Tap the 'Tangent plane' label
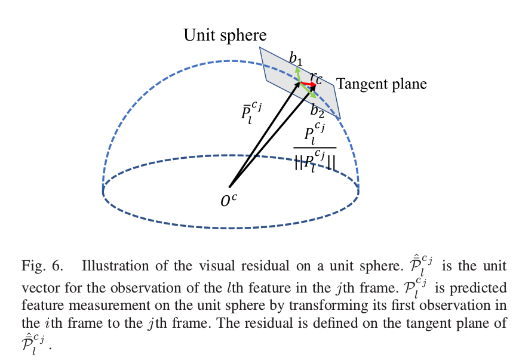381,84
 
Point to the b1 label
296,59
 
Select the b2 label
317,109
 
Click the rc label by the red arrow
316,77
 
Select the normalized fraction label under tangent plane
315,150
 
